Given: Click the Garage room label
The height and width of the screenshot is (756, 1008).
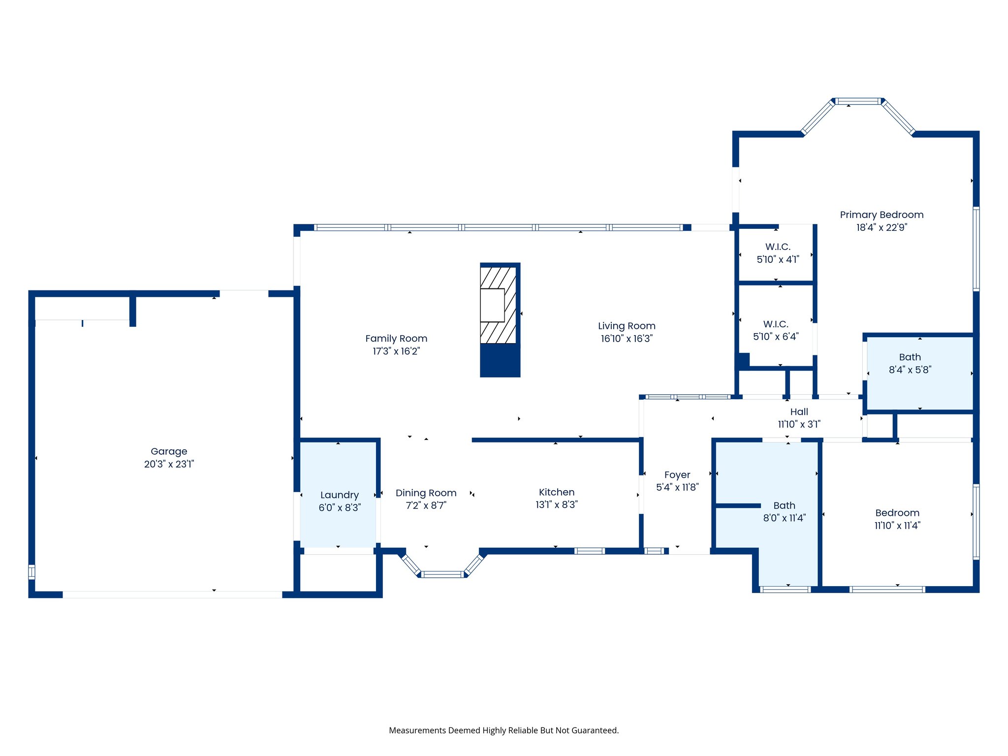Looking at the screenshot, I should coord(169,451).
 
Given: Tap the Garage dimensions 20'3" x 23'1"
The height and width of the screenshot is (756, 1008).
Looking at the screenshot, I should coord(169,464).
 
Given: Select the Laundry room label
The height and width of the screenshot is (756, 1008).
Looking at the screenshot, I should coord(339,495).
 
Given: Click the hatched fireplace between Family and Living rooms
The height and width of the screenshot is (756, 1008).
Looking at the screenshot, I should coord(498,305).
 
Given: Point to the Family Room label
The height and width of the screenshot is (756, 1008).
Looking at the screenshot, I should coord(396,339).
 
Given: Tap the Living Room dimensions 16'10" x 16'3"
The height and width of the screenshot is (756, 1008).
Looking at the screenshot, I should coord(627,339).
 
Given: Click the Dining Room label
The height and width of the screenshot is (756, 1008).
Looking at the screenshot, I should coord(426,493).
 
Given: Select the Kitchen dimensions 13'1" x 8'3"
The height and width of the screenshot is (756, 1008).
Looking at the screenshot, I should coord(556,504).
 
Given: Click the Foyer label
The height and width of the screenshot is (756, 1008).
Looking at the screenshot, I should coord(677,475).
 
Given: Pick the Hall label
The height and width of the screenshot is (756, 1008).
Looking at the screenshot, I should coord(799,412).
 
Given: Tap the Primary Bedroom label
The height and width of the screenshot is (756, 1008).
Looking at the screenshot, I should coord(882,215).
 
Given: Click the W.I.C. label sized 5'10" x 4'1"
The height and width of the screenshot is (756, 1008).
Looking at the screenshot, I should coord(778,247).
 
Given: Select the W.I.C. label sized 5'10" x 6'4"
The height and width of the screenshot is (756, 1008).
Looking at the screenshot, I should coord(776,324).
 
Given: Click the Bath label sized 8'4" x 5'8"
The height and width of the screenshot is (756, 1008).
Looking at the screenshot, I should coord(910,357).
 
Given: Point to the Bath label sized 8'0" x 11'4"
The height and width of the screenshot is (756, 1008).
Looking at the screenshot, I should coord(784,505).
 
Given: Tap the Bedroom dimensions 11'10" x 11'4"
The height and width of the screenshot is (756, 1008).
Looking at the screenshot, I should coord(897,526).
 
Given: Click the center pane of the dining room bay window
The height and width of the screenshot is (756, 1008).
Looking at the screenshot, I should coord(442,574).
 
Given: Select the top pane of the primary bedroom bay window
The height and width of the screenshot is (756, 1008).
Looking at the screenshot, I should coord(858,101).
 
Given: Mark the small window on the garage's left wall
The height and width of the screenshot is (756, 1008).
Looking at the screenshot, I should coord(31,572).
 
